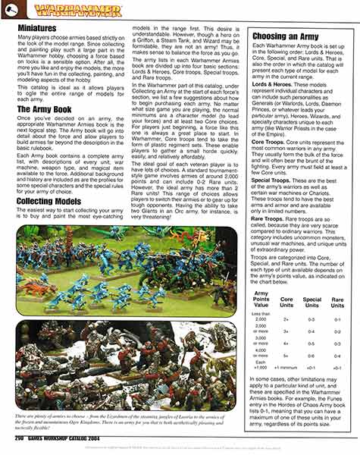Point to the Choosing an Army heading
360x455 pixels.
click(x=280, y=36)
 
